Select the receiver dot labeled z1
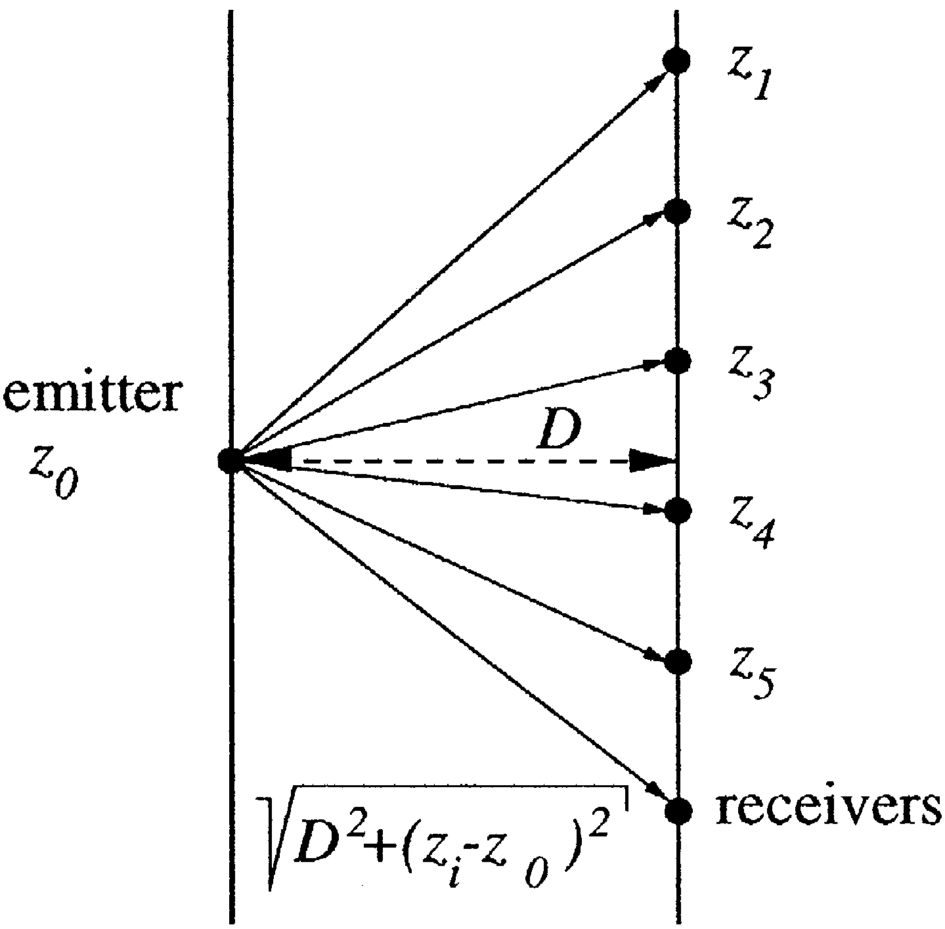coord(676,61)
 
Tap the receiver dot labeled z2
coord(676,211)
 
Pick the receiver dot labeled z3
coord(676,360)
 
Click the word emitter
coord(91,396)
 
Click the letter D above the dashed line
coord(556,431)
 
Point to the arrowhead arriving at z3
coord(653,362)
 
